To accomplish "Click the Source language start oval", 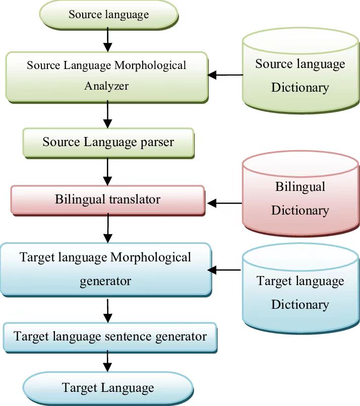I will pos(108,14).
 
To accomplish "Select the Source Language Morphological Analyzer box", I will pos(106,75).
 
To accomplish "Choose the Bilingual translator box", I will pos(107,199).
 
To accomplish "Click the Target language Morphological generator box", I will pos(105,268).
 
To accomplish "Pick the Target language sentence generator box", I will pos(110,336).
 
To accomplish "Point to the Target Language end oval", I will pos(108,388).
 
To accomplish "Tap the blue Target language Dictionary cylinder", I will pos(300,292).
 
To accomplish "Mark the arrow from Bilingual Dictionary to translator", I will pos(225,204).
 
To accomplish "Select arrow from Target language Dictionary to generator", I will pos(225,270).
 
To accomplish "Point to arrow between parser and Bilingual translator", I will pos(107,172).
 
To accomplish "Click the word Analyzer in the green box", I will pos(106,86).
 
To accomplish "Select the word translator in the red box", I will pos(135,199).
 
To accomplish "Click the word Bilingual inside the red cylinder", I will pos(300,187).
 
